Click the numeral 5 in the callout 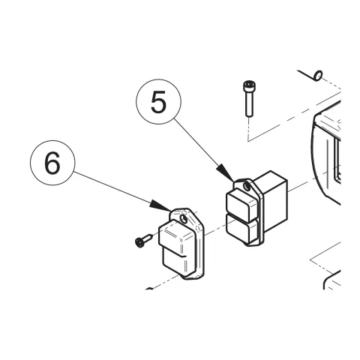point(158,102)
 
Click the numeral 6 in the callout point(52,163)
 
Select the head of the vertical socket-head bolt point(249,86)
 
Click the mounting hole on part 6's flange point(184,219)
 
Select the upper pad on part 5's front point(241,204)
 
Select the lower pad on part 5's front point(241,229)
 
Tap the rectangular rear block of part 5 point(272,197)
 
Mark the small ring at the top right point(318,75)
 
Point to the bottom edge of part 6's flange point(194,278)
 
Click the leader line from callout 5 point(196,142)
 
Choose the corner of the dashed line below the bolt point(248,141)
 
